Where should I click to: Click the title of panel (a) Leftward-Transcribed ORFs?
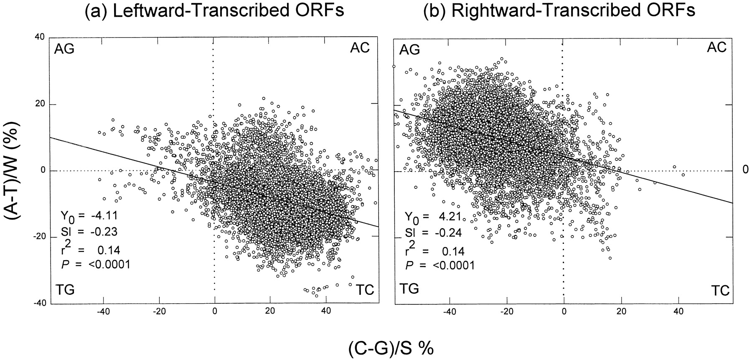214,10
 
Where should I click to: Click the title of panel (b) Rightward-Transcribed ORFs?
559,10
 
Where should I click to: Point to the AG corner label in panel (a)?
64,49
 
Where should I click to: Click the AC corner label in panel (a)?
360,48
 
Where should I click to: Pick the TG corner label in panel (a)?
64,289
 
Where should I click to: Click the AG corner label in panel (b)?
409,50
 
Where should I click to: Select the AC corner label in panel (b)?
717,47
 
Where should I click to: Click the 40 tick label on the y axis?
40,37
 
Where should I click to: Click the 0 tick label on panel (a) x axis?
214,311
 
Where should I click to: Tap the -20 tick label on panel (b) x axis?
506,311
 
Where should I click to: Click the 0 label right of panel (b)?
745,170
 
